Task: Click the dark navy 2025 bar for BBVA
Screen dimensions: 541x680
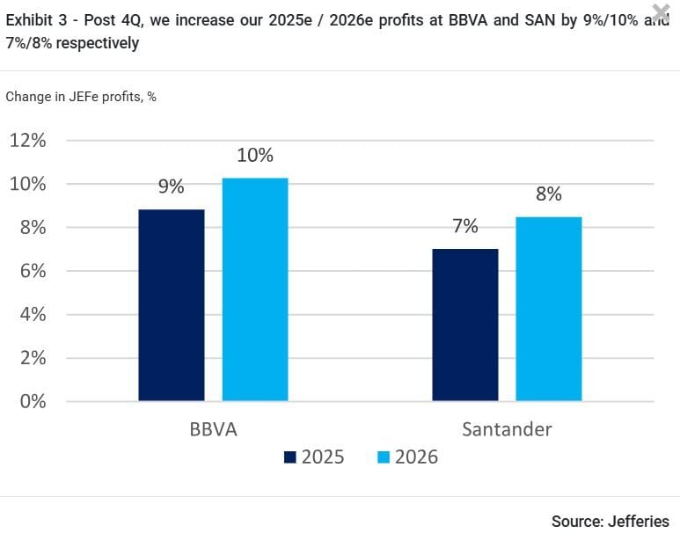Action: (172, 305)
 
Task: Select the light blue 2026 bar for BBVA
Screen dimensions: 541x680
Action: (254, 289)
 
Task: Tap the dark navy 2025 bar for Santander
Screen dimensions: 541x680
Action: (465, 325)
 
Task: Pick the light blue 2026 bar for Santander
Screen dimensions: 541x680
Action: (548, 309)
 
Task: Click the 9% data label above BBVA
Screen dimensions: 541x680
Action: (171, 186)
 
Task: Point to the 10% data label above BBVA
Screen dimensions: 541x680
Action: (255, 156)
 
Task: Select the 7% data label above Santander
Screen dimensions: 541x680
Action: (465, 226)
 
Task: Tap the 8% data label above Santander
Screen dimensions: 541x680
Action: (548, 194)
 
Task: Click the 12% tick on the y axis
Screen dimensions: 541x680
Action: (28, 141)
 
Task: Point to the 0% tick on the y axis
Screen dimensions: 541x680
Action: (33, 401)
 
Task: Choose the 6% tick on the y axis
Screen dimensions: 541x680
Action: (33, 271)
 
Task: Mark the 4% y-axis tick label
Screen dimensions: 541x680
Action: (33, 315)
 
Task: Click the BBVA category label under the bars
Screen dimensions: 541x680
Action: (213, 430)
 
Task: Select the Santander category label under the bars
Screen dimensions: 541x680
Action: (507, 430)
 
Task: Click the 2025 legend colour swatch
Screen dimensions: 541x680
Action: (289, 457)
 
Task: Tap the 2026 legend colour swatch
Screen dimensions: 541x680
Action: (383, 457)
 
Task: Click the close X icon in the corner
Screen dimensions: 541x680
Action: (661, 11)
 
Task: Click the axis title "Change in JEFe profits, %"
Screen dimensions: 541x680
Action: (81, 97)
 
